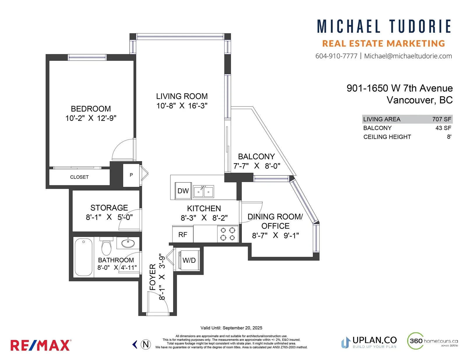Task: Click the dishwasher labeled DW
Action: click(x=183, y=191)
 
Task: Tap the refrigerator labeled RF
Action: click(x=183, y=234)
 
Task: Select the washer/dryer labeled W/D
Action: click(x=189, y=260)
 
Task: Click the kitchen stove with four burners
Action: click(x=228, y=234)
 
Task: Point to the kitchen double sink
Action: click(x=204, y=191)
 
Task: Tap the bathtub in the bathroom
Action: click(x=83, y=257)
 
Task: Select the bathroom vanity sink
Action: click(x=128, y=243)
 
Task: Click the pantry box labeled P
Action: click(x=131, y=175)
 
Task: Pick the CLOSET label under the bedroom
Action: click(x=79, y=177)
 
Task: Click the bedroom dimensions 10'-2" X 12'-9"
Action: click(x=91, y=118)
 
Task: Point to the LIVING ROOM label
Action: click(x=182, y=96)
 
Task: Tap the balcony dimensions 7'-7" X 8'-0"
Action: click(x=257, y=166)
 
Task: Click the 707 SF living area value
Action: click(x=442, y=119)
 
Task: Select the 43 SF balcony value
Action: click(x=443, y=128)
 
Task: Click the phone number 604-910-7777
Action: click(x=336, y=56)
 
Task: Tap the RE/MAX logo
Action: click(x=41, y=345)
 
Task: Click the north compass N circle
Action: click(x=146, y=345)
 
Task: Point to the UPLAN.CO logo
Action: click(x=369, y=343)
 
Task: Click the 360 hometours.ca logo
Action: click(x=432, y=341)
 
